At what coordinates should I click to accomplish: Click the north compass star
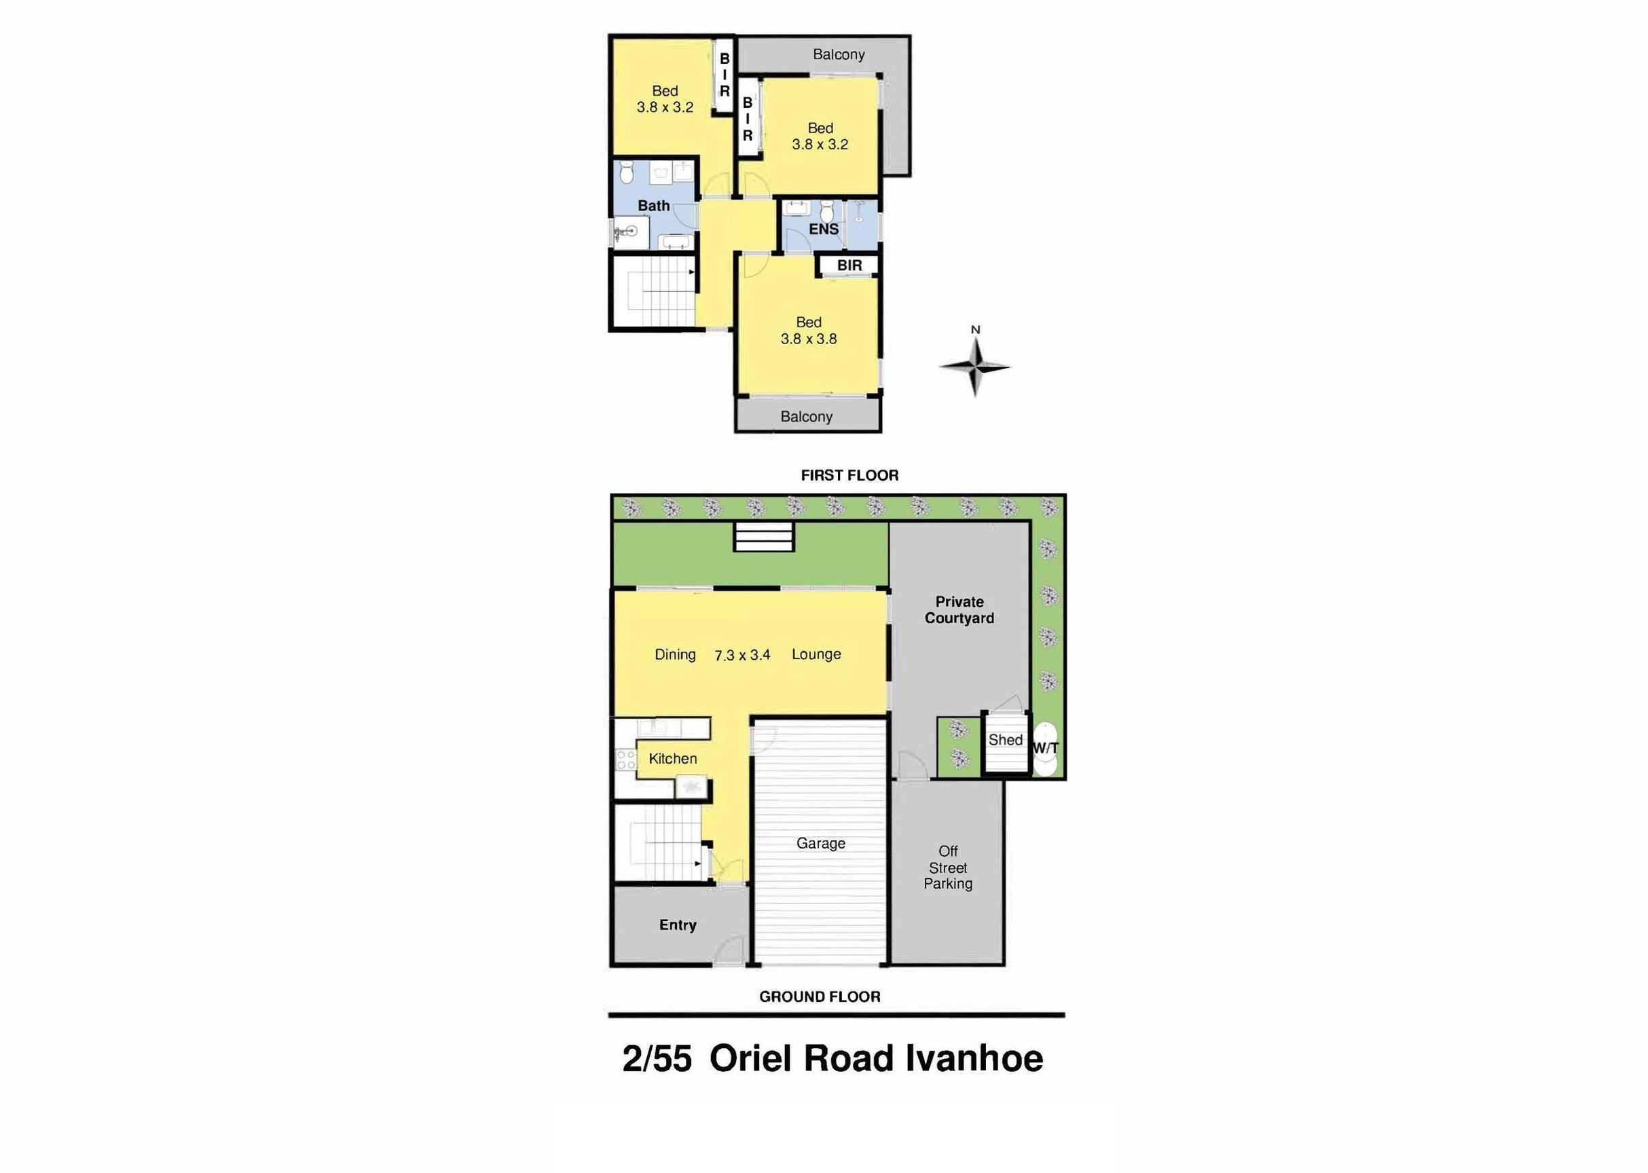pos(974,367)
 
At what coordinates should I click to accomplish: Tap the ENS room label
pos(824,229)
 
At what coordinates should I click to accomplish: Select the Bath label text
pos(653,206)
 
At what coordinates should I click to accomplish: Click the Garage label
pos(821,843)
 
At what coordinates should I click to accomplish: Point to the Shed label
pos(1005,740)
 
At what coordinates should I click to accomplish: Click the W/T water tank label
pos(1045,748)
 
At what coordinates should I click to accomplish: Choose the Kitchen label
pos(673,758)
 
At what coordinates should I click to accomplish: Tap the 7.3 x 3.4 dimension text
pos(742,655)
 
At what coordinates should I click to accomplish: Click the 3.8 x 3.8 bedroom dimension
pos(809,339)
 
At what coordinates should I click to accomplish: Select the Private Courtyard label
pos(959,610)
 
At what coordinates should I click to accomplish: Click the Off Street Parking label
pos(948,868)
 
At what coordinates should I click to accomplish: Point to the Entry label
pos(678,925)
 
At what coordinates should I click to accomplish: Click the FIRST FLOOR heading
pos(849,475)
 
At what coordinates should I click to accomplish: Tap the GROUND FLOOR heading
pos(820,997)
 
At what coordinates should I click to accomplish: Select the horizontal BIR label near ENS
pos(849,265)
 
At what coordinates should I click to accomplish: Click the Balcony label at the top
pos(838,54)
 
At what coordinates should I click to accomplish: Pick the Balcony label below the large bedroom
pos(806,417)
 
